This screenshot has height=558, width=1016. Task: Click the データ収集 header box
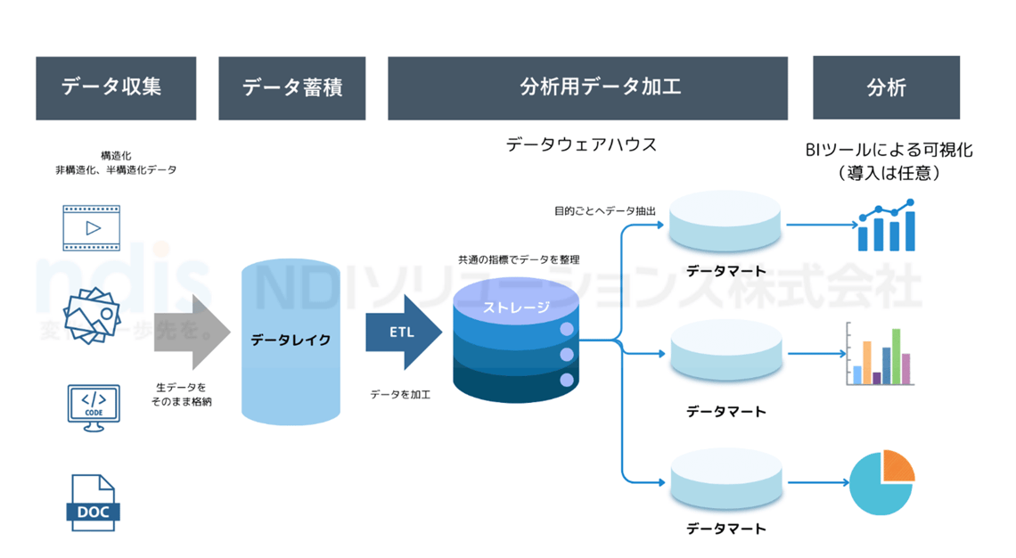tap(116, 88)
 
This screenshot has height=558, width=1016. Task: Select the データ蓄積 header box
tap(292, 88)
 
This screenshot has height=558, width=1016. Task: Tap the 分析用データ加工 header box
tap(587, 88)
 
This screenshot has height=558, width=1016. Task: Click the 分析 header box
tap(886, 87)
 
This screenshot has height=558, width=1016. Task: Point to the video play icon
tap(91, 228)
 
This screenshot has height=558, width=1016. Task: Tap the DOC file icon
tap(93, 503)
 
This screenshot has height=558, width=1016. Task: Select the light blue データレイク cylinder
tap(291, 340)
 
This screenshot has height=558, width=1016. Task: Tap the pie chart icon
tap(882, 482)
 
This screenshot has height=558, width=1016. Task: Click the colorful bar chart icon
tap(880, 355)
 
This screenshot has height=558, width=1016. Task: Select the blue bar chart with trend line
tap(885, 226)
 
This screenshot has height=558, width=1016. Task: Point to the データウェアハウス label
tap(581, 144)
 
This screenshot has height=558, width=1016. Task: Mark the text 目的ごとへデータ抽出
tap(605, 211)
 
